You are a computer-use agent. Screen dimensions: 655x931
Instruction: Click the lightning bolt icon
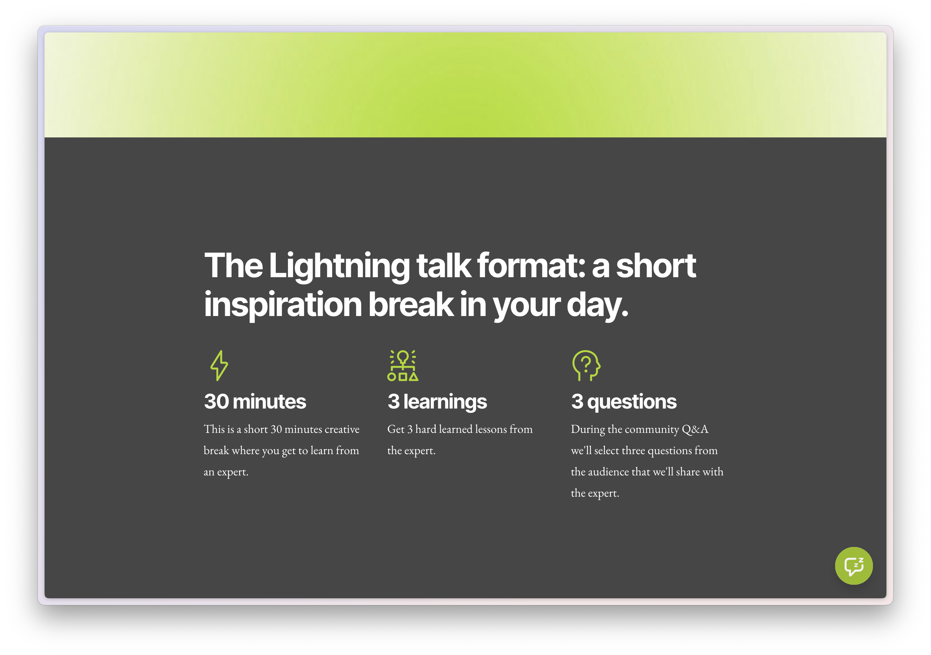pos(219,365)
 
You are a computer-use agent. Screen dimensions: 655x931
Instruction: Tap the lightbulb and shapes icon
pos(403,365)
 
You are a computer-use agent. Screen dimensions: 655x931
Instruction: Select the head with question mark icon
pos(586,365)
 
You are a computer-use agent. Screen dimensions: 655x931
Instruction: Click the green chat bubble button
pos(854,566)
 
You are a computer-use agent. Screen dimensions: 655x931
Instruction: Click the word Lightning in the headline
pos(339,266)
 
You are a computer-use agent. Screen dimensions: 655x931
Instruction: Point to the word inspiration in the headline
pos(283,305)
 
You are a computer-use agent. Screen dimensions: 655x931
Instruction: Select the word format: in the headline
pos(531,266)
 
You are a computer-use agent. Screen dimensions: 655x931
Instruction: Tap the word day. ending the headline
pos(597,305)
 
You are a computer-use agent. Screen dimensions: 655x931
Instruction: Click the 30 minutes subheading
pos(255,401)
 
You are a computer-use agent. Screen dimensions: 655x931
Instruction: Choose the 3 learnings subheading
pos(437,401)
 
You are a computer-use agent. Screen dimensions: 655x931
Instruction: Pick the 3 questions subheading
pos(623,401)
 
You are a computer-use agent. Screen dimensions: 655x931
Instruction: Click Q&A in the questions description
pos(695,429)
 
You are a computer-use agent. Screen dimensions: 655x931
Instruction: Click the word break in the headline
pos(411,305)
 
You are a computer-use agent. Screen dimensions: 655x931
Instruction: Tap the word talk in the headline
pos(444,266)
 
